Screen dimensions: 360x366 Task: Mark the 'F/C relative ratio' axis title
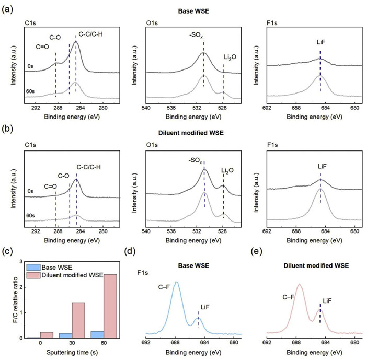coord(7,299)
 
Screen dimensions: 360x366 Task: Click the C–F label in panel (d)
coord(165,301)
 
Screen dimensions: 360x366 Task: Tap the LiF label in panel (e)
coord(327,301)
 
